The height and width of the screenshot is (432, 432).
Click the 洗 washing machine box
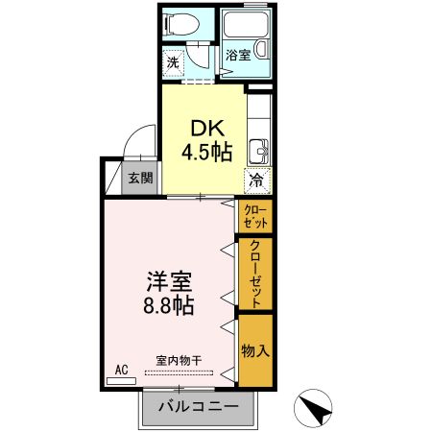173,63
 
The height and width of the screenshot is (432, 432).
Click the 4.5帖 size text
204,151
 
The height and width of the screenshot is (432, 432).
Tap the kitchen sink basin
257,152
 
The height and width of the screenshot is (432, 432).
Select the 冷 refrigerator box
257,180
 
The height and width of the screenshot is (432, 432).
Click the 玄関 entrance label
141,179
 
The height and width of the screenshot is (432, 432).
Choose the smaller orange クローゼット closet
255,217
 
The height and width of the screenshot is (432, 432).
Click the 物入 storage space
255,350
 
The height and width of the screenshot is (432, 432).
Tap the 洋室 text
169,282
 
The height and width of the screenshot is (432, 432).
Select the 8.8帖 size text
169,307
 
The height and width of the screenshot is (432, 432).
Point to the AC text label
122,369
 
